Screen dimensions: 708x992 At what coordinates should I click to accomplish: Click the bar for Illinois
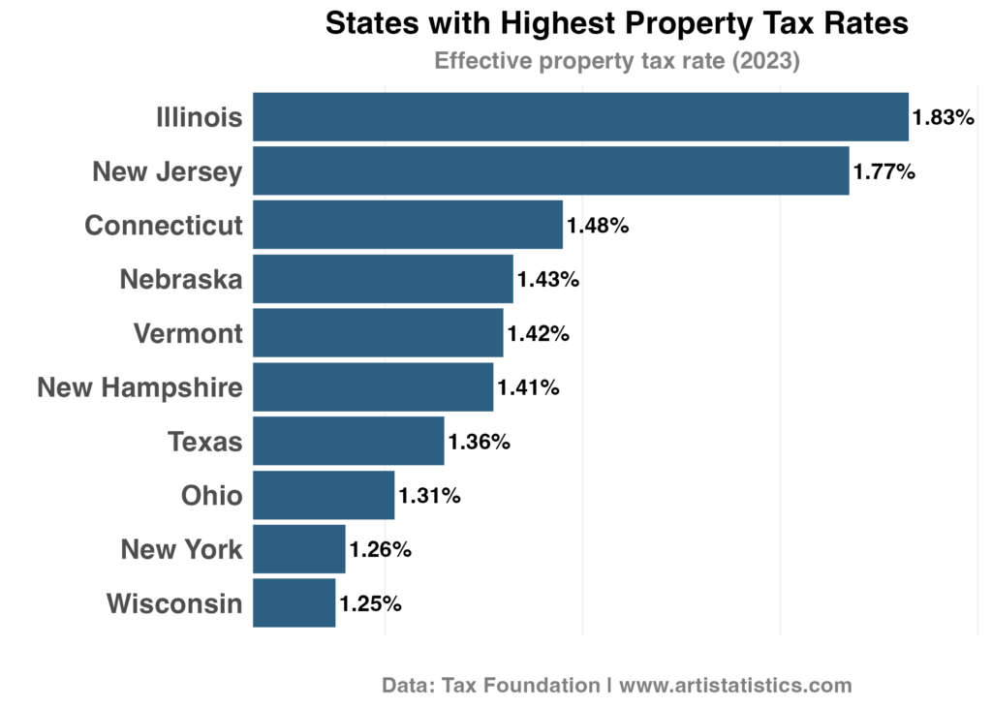click(580, 117)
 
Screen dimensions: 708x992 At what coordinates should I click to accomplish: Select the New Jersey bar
click(550, 171)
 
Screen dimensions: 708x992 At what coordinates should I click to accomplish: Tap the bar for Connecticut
click(408, 225)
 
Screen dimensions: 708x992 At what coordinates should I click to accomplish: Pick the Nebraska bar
click(383, 279)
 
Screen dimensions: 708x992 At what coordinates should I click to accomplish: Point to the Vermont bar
click(378, 333)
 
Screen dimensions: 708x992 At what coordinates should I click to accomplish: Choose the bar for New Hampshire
click(373, 387)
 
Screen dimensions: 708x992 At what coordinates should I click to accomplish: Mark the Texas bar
click(348, 441)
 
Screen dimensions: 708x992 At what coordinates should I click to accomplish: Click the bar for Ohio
click(324, 495)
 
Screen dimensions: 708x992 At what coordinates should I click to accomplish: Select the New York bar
click(298, 549)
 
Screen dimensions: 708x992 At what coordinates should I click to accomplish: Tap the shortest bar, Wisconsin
click(294, 602)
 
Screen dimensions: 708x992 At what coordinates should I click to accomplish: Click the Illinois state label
click(200, 118)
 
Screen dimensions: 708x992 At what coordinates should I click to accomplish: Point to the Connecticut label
click(164, 226)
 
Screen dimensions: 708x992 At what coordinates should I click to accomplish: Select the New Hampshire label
click(139, 387)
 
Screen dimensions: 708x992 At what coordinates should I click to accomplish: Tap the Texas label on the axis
click(205, 442)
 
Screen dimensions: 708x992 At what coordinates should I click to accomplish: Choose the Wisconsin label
click(174, 603)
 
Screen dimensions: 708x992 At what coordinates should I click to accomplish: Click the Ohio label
click(211, 496)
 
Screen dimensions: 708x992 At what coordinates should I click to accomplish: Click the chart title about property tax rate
click(616, 61)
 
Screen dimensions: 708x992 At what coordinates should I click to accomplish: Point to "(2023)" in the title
click(765, 61)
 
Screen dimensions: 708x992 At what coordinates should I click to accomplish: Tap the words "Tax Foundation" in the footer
click(521, 686)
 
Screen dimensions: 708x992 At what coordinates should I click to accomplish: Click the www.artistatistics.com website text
click(735, 686)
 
